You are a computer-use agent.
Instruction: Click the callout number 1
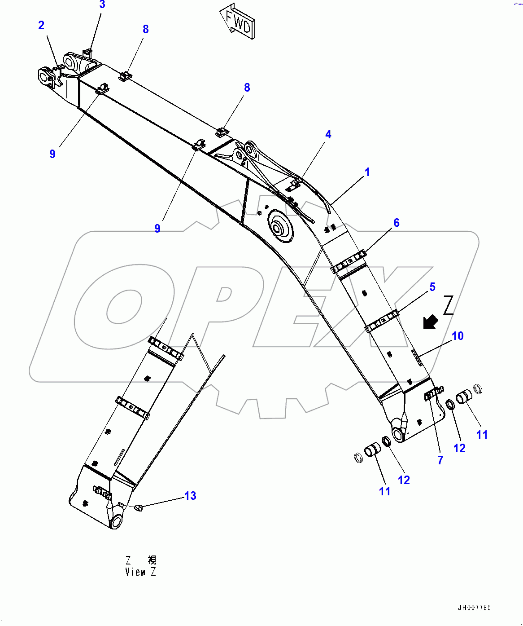(367, 172)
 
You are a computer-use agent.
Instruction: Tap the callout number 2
(41, 25)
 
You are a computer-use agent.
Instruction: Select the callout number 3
(102, 5)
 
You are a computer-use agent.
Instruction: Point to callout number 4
(328, 134)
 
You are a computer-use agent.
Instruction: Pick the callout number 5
(432, 287)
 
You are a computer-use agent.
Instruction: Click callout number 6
(397, 223)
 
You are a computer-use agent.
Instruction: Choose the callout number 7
(440, 460)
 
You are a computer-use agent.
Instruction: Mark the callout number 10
(458, 336)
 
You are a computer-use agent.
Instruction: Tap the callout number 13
(190, 496)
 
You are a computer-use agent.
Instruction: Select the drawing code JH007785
(474, 608)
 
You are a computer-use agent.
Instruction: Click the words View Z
(140, 572)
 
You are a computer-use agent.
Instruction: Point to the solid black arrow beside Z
(431, 322)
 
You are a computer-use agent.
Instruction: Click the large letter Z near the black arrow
(449, 305)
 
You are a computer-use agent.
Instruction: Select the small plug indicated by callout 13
(138, 507)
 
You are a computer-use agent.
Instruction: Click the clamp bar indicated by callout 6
(349, 264)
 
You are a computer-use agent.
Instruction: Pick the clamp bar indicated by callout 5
(382, 322)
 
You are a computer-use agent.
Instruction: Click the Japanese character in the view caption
(152, 560)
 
